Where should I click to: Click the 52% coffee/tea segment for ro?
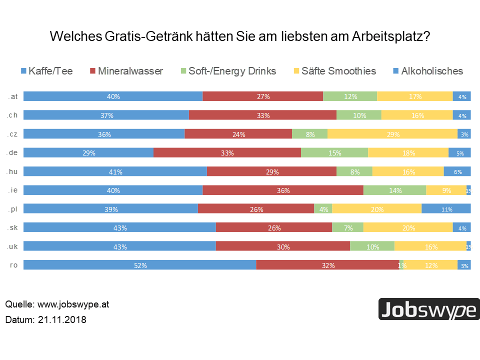click(x=140, y=265)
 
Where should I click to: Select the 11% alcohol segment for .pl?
click(x=446, y=209)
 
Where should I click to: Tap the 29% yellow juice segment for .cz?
click(x=392, y=134)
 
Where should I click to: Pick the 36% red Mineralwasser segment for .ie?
click(x=283, y=190)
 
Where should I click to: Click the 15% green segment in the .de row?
click(x=334, y=152)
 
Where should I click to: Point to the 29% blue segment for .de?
click(x=88, y=152)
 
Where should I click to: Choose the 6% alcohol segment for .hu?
click(x=457, y=171)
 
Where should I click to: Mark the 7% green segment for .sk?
click(x=347, y=227)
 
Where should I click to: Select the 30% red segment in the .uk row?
click(x=283, y=246)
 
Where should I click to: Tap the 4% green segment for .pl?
click(x=323, y=209)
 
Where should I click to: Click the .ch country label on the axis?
click(x=13, y=115)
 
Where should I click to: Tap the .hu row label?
click(x=13, y=171)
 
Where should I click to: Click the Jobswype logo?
click(x=428, y=309)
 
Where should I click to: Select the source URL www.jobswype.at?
click(x=73, y=304)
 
